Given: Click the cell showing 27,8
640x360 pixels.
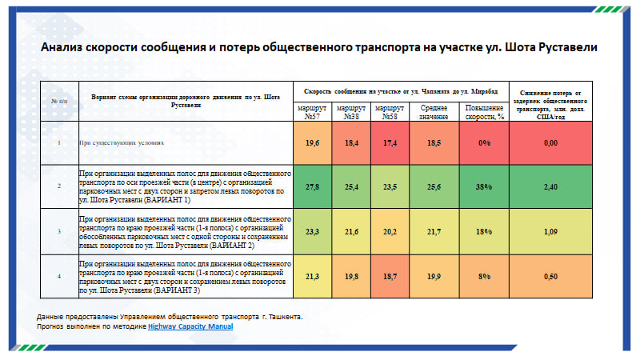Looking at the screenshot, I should pos(313,186).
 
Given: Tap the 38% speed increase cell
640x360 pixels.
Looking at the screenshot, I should pos(483,186).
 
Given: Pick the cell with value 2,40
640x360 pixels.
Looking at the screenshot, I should pos(550,186).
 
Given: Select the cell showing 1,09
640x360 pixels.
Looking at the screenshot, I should pos(550,231).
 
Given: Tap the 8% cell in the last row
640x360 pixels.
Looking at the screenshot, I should pos(483,276).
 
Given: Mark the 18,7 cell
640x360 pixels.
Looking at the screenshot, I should pos(390,276).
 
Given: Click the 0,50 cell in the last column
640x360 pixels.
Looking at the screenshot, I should pos(550,276).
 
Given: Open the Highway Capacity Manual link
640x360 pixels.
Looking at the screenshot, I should pos(190,326).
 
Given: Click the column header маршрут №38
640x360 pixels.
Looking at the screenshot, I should pos(351,111).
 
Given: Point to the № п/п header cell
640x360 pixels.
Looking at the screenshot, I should pos(59,101).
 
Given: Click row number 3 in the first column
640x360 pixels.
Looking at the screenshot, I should pos(58,231).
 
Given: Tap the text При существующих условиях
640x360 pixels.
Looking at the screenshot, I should pos(122,142).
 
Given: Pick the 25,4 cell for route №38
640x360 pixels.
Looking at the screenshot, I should pos(351,186).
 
